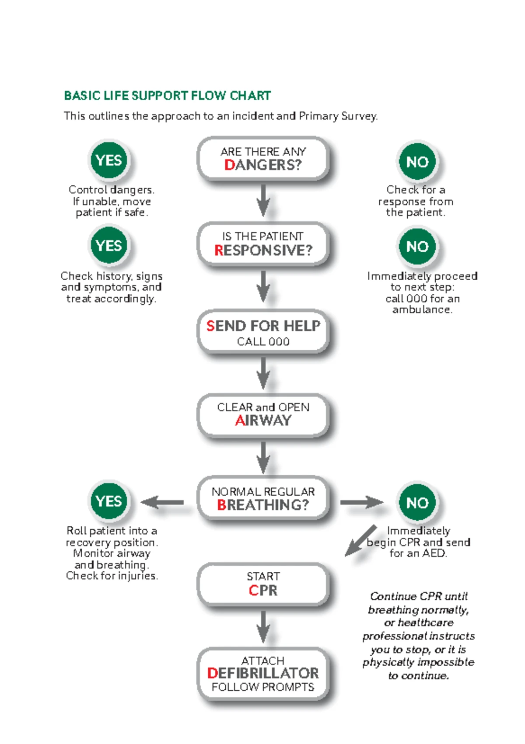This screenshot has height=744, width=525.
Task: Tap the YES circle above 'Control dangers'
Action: coord(109,160)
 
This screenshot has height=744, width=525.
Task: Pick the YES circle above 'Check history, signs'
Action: coord(109,246)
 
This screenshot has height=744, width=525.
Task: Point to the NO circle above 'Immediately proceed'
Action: coord(417,247)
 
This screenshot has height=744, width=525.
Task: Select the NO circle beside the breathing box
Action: coord(417,503)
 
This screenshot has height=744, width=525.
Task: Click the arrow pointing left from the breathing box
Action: coord(162,502)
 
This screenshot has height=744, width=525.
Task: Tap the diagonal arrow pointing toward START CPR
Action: coord(361,540)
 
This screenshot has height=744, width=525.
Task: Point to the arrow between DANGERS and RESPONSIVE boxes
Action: coord(263,201)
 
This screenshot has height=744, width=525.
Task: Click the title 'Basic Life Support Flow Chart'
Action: coord(167,96)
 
